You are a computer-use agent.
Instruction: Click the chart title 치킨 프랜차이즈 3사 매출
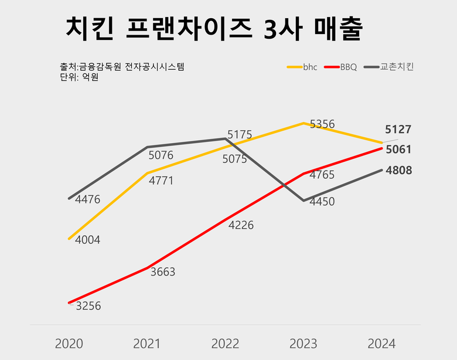click(x=214, y=29)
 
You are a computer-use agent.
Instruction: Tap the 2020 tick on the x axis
click(x=69, y=344)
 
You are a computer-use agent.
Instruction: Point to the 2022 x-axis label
click(x=225, y=344)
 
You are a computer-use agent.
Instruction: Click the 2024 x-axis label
click(x=381, y=344)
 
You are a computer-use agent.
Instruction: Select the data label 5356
click(x=322, y=124)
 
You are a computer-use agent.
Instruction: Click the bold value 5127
click(x=398, y=130)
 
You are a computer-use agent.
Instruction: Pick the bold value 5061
click(x=398, y=150)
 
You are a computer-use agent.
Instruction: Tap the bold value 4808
click(x=398, y=171)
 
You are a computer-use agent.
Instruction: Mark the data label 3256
click(x=88, y=305)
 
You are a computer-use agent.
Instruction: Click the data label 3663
click(x=162, y=272)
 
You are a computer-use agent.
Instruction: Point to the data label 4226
click(x=241, y=225)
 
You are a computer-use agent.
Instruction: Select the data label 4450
click(x=322, y=202)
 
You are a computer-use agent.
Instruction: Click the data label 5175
click(x=240, y=135)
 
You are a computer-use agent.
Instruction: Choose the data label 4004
click(x=88, y=240)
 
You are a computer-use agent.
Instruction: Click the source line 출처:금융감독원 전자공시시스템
click(x=122, y=67)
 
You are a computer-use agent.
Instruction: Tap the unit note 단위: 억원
click(x=79, y=77)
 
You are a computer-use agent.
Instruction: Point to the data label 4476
click(x=88, y=200)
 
